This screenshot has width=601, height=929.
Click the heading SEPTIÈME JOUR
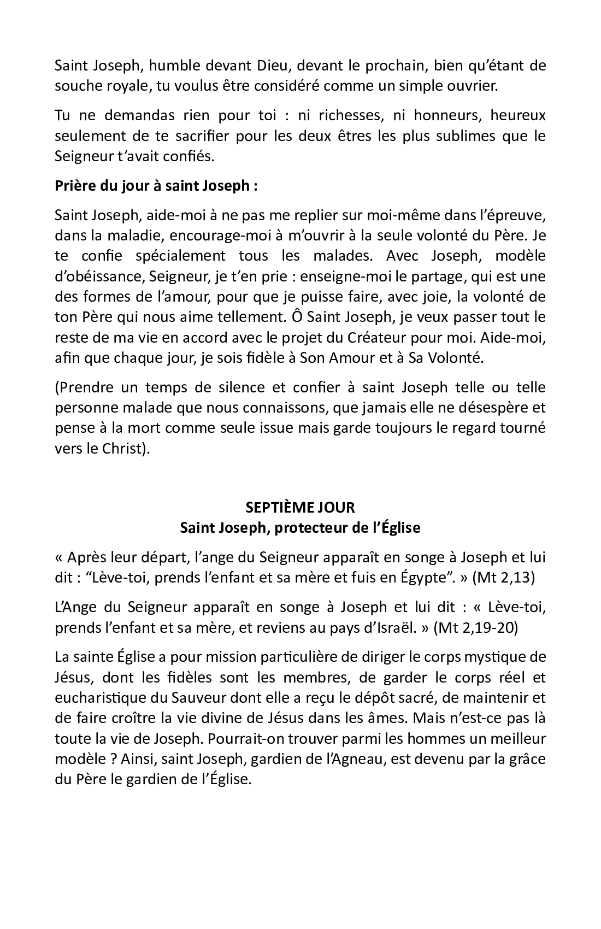[300, 508]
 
